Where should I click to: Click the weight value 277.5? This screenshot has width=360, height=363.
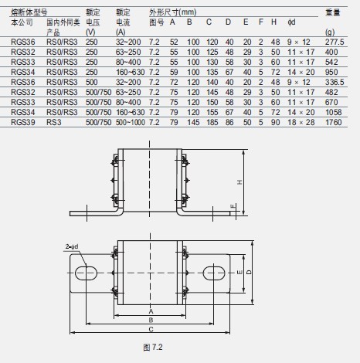[x=335, y=42]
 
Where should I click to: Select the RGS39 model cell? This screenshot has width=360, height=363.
[x=22, y=122]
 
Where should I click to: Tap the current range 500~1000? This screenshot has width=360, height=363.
[x=131, y=122]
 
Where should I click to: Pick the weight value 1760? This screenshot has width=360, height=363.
[x=333, y=122]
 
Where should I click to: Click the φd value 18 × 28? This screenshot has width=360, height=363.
[x=301, y=122]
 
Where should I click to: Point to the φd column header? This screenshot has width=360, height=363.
[x=291, y=22]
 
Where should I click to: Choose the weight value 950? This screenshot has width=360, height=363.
[x=331, y=72]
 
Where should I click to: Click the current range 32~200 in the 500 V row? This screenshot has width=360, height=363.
[x=128, y=82]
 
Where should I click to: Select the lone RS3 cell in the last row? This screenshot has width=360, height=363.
[x=54, y=122]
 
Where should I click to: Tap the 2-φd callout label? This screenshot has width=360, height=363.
[x=72, y=246]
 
